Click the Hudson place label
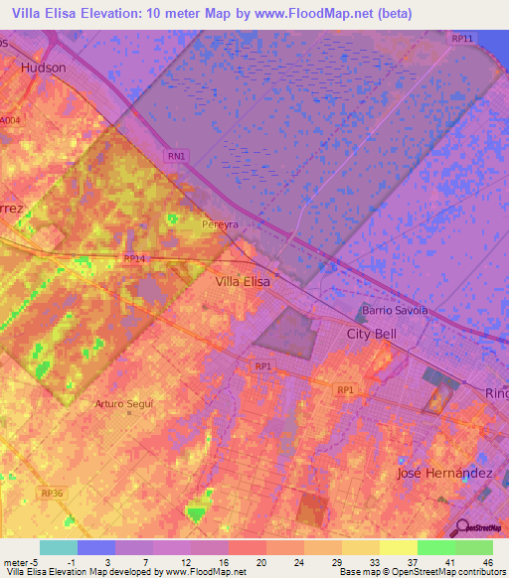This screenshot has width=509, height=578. pyautogui.click(x=44, y=68)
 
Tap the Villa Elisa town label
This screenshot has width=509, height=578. pyautogui.click(x=243, y=282)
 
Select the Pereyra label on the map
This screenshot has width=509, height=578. pyautogui.click(x=220, y=225)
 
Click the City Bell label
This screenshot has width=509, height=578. pyautogui.click(x=371, y=334)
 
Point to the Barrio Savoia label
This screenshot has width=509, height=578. pyautogui.click(x=395, y=310)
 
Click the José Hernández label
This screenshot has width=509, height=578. pyautogui.click(x=444, y=474)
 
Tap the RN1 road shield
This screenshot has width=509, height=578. pyautogui.click(x=175, y=156)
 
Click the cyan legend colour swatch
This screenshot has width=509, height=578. pyautogui.click(x=58, y=547)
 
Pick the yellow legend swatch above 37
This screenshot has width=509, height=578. pyautogui.click(x=398, y=547)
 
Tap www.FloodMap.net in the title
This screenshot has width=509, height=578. pyautogui.click(x=314, y=12)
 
